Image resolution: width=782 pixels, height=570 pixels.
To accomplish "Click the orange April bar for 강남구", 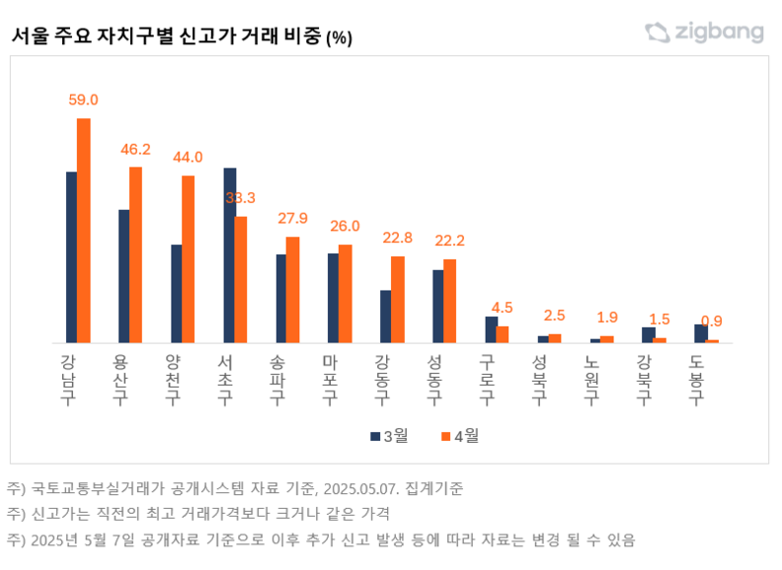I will click(x=84, y=231).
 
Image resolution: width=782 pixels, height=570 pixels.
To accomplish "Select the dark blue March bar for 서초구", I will click(x=229, y=255).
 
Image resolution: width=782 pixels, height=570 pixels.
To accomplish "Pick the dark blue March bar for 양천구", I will click(x=176, y=293).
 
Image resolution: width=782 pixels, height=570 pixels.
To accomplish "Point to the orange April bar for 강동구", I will click(x=398, y=300).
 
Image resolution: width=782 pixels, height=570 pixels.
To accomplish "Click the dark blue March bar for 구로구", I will click(x=491, y=329).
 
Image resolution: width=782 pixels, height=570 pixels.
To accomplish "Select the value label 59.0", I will click(x=83, y=101).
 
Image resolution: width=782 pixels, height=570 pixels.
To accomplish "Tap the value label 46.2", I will click(x=135, y=149).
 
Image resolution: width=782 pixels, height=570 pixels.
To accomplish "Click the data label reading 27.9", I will click(x=292, y=218).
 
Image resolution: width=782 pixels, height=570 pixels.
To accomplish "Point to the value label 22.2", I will click(x=449, y=241).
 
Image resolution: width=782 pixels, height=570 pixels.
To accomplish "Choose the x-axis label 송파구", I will click(x=279, y=379).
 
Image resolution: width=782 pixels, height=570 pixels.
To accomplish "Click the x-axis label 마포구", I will click(x=332, y=379).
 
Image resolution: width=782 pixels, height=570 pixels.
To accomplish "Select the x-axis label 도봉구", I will click(x=697, y=379).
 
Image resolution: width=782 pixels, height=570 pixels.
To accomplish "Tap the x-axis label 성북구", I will click(x=540, y=379).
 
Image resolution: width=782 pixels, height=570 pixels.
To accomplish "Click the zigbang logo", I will click(x=704, y=33).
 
